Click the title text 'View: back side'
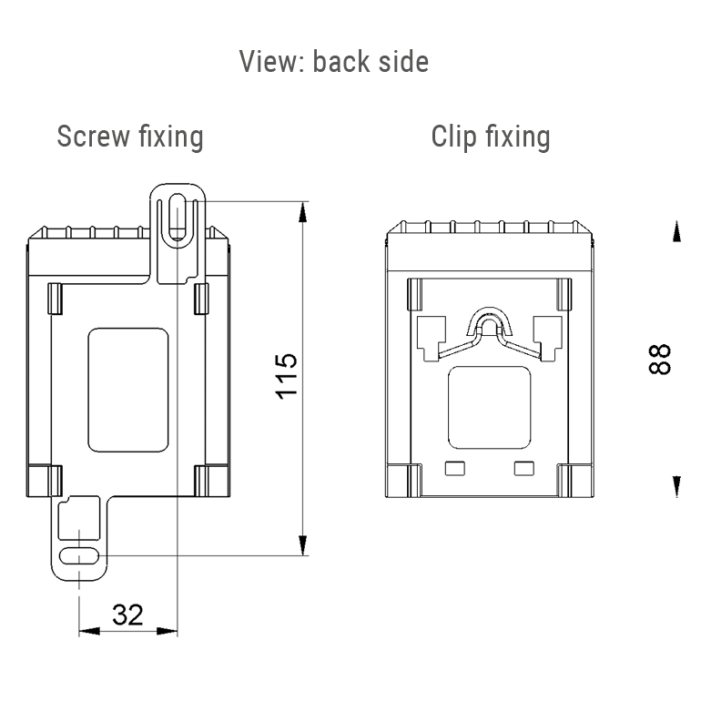pos(333,62)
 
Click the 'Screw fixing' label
pos(130,137)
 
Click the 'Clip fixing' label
pos(491,137)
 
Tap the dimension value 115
pos(286,375)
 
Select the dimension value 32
pos(127,615)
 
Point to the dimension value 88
pos(660,358)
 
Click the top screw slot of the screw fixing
pos(178,217)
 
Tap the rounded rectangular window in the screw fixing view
pos(128,387)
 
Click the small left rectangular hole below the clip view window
pos(453,469)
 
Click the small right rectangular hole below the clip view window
pos(524,469)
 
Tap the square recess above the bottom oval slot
pos(77,521)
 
